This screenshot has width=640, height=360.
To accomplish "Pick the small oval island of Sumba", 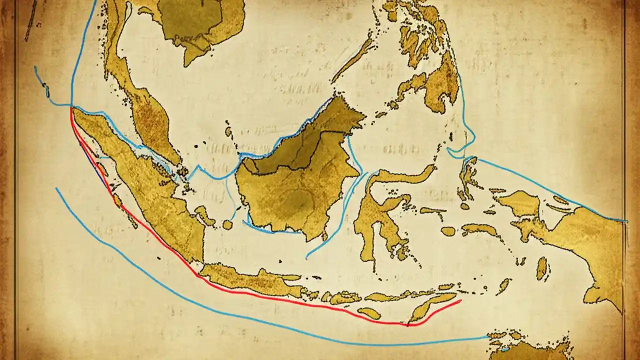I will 369,313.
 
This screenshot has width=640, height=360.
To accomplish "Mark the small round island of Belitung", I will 227,225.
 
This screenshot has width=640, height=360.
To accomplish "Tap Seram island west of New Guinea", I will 480,230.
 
